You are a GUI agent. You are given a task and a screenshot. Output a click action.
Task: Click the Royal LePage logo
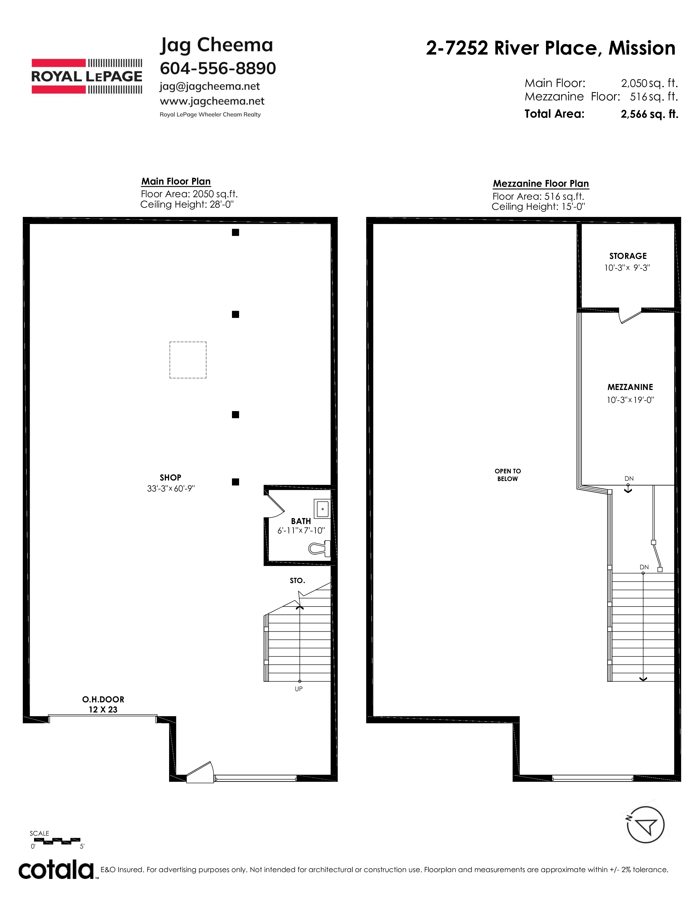click(87, 76)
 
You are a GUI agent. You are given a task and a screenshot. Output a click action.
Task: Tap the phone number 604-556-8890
click(218, 68)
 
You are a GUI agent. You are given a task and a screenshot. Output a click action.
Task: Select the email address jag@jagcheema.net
click(210, 87)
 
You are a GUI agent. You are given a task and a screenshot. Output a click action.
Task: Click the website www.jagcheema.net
click(212, 101)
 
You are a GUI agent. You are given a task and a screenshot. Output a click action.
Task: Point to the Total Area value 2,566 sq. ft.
click(649, 114)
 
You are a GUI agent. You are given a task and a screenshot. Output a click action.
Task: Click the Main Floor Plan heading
click(176, 182)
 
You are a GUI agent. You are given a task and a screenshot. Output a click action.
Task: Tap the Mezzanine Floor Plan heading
click(541, 183)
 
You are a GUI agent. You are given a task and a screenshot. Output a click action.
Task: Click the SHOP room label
click(170, 477)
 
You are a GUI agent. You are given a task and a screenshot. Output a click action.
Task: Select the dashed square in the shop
click(188, 360)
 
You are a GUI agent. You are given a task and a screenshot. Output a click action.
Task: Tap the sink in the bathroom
click(322, 508)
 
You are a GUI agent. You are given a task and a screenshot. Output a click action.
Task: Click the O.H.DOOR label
click(103, 700)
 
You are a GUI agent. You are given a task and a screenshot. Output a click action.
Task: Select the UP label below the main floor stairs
click(299, 689)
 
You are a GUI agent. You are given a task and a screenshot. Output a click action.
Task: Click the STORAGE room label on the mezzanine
click(628, 256)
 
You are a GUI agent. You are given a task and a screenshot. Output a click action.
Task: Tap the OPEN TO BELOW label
click(508, 475)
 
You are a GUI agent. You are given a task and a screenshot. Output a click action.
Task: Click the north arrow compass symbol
click(646, 825)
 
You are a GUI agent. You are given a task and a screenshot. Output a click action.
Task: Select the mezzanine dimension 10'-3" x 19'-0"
click(630, 400)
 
